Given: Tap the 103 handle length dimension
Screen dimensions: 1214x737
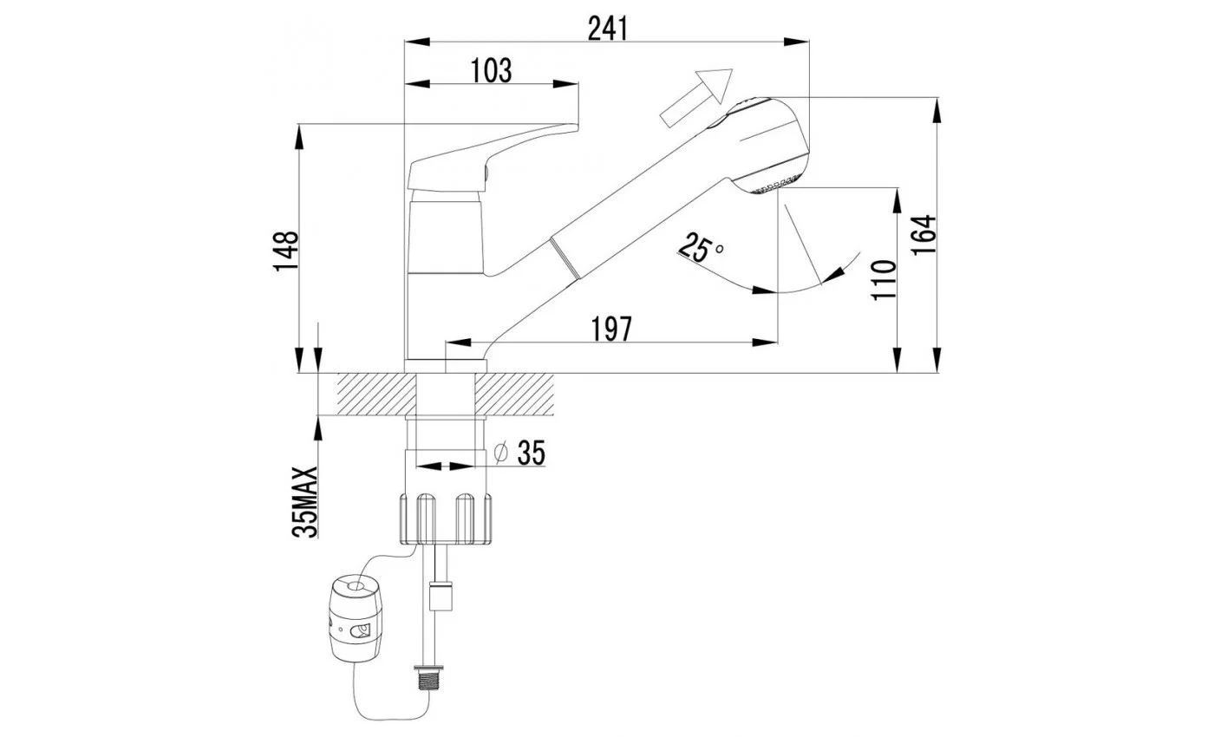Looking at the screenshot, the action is pos(491,70).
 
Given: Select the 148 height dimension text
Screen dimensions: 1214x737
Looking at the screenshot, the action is pos(285,251).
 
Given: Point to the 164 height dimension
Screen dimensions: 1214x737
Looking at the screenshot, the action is pos(923,235).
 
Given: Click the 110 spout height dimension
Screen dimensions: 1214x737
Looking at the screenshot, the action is pos(884,279).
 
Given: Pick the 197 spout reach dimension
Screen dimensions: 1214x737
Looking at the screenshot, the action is pos(611,329).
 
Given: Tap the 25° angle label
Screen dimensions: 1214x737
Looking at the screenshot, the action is pos(701,248).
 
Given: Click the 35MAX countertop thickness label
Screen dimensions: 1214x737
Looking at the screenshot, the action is pos(304,502).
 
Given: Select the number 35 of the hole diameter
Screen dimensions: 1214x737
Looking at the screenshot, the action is pos(531,453).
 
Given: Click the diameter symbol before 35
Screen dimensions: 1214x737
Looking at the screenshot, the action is pos(501,453).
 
